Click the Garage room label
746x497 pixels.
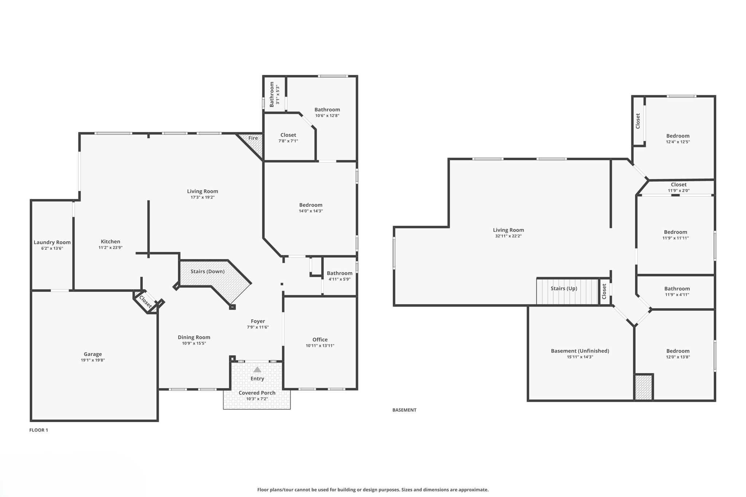pyautogui.click(x=93, y=354)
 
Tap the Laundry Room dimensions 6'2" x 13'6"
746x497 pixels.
pyautogui.click(x=52, y=248)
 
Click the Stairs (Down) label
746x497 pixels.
pyautogui.click(x=207, y=272)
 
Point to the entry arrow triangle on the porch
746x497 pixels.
pyautogui.click(x=257, y=370)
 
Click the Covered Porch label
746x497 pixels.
pyautogui.click(x=257, y=393)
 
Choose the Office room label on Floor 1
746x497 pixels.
pyautogui.click(x=320, y=340)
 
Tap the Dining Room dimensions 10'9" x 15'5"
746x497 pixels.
pyautogui.click(x=194, y=343)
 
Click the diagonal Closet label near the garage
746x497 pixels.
pyautogui.click(x=145, y=301)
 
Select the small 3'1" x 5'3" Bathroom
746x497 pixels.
pyautogui.click(x=274, y=94)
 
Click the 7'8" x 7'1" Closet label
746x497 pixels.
pyautogui.click(x=288, y=135)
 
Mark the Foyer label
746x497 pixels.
pyautogui.click(x=258, y=321)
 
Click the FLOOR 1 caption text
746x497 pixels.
pyautogui.click(x=39, y=430)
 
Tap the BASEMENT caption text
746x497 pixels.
pyautogui.click(x=404, y=410)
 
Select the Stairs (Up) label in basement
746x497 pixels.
pyautogui.click(x=564, y=288)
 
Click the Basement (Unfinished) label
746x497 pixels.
pyautogui.click(x=580, y=351)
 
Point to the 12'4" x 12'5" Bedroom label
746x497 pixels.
pyautogui.click(x=678, y=136)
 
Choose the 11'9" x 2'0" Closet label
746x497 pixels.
pyautogui.click(x=678, y=185)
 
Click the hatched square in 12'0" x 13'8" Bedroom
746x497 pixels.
pyautogui.click(x=643, y=387)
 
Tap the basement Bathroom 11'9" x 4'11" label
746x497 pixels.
pyautogui.click(x=676, y=289)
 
